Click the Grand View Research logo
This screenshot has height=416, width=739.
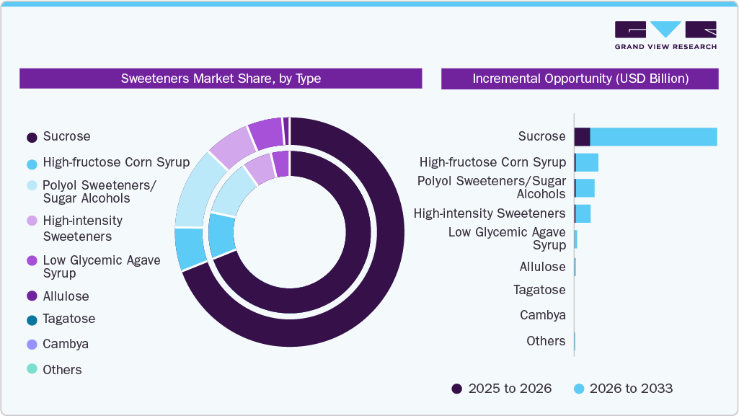[x=665, y=35]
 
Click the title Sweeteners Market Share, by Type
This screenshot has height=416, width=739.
[x=221, y=79]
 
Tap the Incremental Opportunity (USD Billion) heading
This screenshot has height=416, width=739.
[x=580, y=79]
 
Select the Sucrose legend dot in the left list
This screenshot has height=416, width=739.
[x=32, y=137]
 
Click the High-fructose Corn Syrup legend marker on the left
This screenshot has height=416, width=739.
[x=32, y=163]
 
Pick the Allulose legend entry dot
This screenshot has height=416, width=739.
[x=32, y=296]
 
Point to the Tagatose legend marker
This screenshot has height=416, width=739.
[x=32, y=319]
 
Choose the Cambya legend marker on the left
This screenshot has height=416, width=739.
[x=32, y=345]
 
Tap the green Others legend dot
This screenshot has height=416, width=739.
[x=32, y=370]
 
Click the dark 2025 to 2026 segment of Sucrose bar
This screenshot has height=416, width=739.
[x=582, y=136]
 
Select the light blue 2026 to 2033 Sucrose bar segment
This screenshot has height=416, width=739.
[x=653, y=136]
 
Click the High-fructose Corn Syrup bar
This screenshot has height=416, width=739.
[x=587, y=162]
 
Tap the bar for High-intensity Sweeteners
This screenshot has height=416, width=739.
[x=583, y=213]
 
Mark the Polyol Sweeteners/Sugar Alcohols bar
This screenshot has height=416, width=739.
[x=585, y=188]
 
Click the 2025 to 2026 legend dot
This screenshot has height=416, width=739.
[x=456, y=389]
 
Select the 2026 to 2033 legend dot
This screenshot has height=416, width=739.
[x=578, y=389]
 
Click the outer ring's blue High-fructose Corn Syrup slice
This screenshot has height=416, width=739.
[x=190, y=248]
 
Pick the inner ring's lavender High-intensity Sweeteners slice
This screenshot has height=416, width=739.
[x=260, y=170]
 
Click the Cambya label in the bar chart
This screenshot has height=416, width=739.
[x=542, y=315]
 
